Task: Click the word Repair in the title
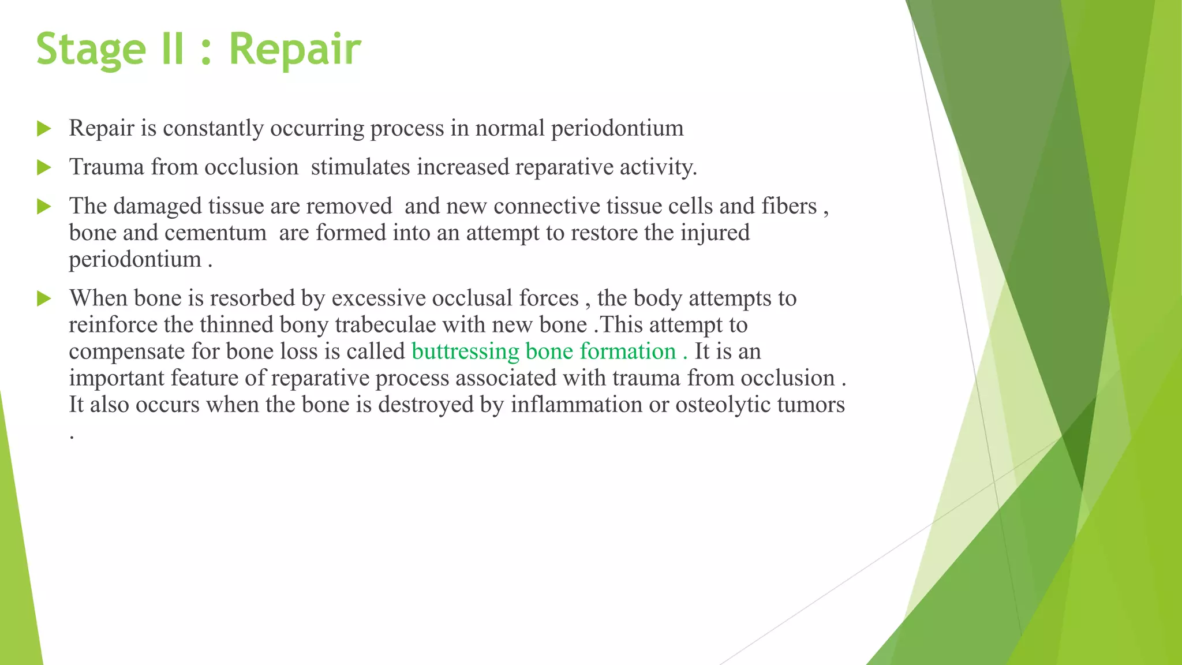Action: [294, 49]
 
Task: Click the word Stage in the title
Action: [91, 49]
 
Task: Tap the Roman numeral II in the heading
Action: [172, 49]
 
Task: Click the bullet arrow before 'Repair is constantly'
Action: [44, 129]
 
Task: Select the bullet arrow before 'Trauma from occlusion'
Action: [44, 168]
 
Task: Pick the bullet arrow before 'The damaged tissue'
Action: [44, 207]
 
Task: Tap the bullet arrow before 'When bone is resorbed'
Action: [44, 299]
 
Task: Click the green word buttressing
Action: [465, 352]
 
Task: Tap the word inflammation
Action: [576, 405]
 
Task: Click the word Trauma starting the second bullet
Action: [107, 167]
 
